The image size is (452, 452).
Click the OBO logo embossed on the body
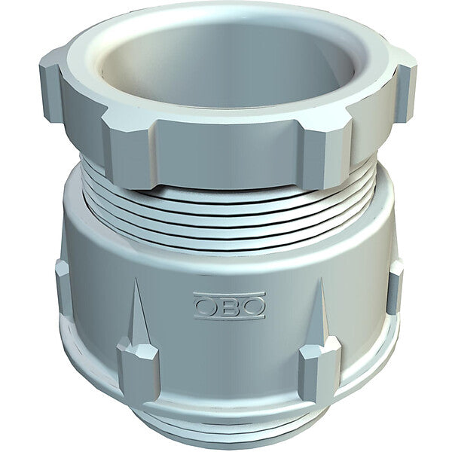click(229, 306)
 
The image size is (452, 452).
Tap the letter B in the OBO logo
click(229, 306)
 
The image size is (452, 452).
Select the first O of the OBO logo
click(206, 307)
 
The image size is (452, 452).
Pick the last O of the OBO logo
click(253, 306)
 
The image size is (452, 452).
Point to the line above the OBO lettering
click(229, 294)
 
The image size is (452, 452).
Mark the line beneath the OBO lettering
click(229, 317)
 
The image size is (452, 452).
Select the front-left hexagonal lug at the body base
click(138, 371)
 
